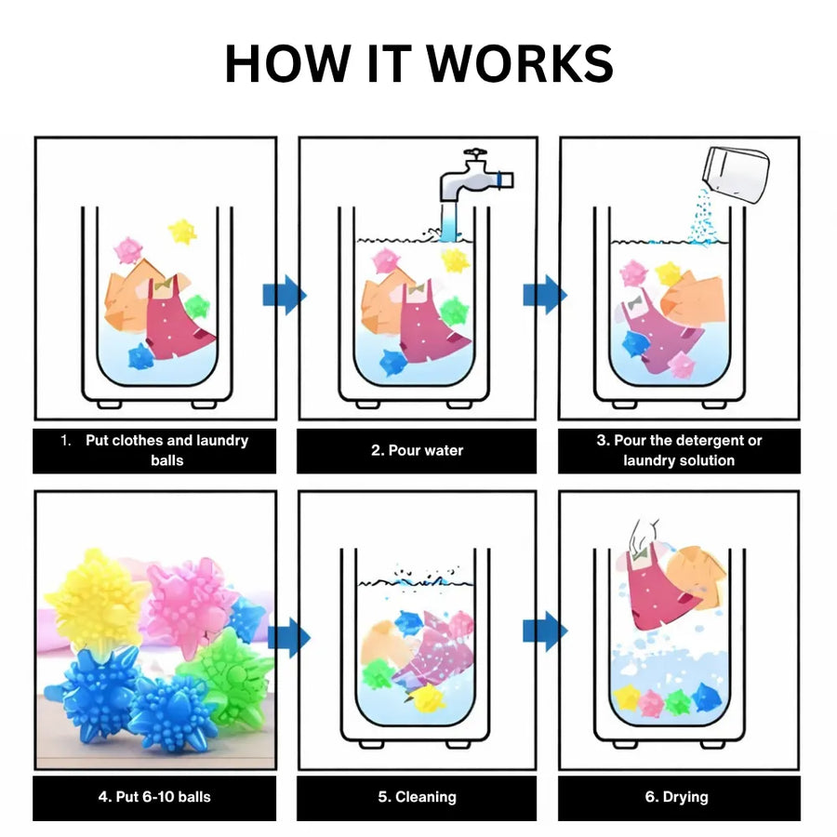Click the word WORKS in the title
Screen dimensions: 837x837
pos(520,63)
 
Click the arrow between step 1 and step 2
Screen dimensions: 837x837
pos(285,295)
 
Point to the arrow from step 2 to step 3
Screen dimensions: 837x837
pos(545,295)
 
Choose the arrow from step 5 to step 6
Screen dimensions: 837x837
pos(545,631)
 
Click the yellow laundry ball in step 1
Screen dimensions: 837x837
pos(182,232)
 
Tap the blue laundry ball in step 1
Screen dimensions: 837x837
pos(141,356)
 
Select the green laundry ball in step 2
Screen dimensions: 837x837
pos(455,312)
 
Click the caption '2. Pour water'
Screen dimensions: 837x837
pos(417,450)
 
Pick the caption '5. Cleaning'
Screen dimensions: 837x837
pos(417,797)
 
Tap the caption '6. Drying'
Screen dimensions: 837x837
pos(676,797)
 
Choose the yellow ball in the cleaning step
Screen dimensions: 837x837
pos(428,698)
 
